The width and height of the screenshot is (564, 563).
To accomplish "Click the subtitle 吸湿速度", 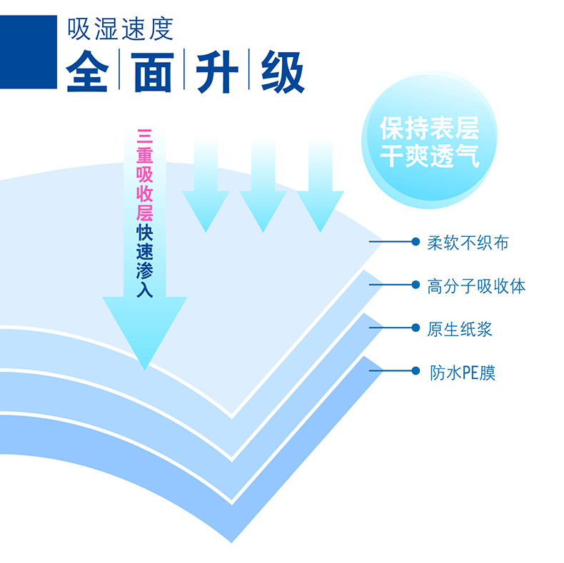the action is [x=121, y=29].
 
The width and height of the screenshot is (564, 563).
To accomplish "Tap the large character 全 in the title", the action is [x=88, y=71].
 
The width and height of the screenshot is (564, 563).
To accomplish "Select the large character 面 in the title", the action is [x=153, y=71].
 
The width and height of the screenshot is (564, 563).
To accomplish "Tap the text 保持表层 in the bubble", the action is [x=430, y=129].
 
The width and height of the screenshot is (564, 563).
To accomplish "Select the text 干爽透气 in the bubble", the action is [x=430, y=156].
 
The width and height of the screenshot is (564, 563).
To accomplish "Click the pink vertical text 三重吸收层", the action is [x=144, y=174].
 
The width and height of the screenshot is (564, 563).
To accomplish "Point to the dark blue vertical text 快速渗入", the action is [x=144, y=261].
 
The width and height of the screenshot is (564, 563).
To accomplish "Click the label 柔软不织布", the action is [x=468, y=243].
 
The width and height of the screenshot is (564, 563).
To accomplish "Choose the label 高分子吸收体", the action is [x=476, y=286].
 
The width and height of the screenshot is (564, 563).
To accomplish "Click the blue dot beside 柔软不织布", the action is [x=415, y=242].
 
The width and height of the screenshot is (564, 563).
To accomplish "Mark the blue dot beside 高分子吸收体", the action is [x=415, y=285].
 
